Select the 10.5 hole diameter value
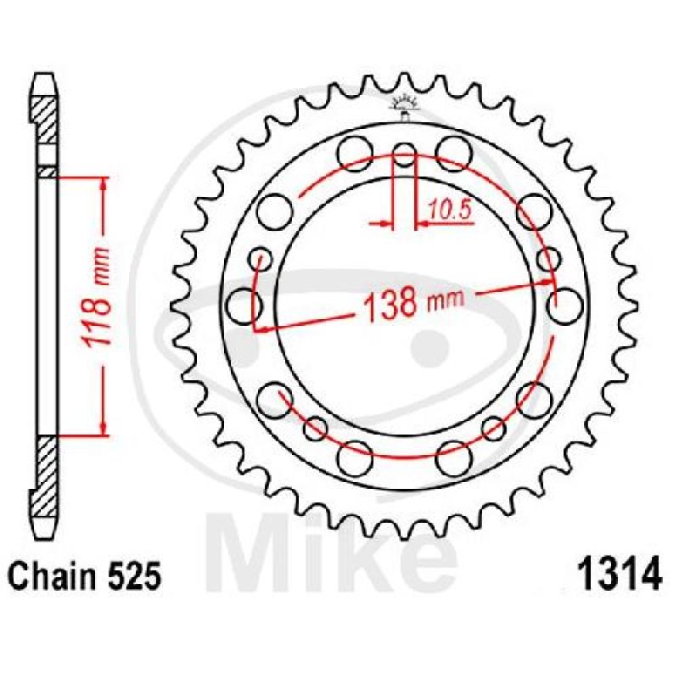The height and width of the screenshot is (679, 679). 450,210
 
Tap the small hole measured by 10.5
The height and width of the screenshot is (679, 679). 404,154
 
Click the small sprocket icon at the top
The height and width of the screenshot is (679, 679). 405,107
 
